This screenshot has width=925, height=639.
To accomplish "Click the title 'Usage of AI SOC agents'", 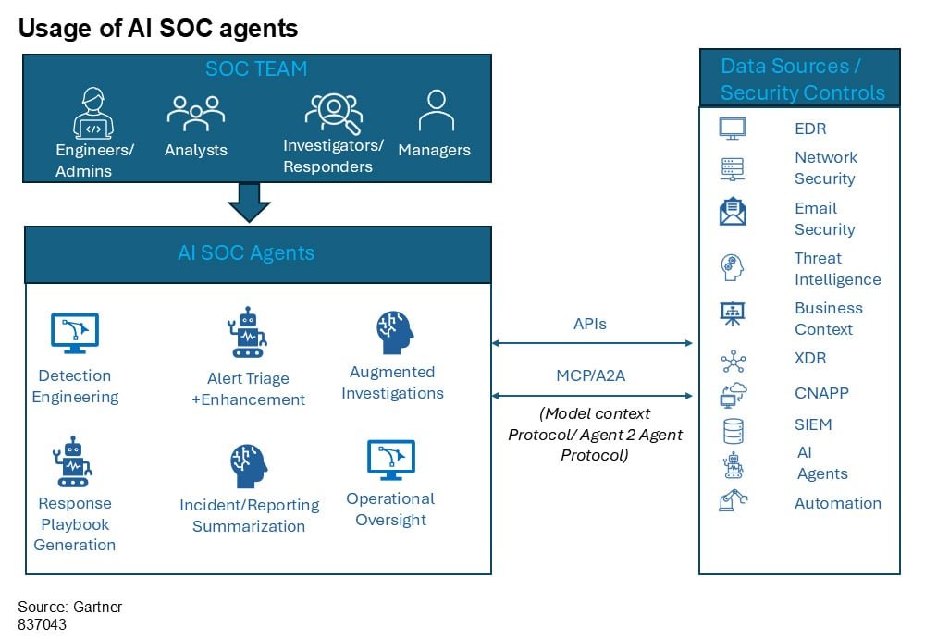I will click(158, 29).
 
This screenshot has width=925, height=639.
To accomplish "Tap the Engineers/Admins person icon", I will click(92, 113).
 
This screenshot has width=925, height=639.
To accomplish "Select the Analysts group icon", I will click(195, 112).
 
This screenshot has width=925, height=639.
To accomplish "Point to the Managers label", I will click(434, 150).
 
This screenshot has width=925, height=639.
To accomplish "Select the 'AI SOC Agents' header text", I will click(246, 252).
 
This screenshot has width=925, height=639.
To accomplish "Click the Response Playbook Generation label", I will click(75, 523).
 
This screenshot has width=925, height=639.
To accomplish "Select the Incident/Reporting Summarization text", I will click(249, 515).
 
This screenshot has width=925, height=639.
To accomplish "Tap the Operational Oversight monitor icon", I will click(391, 460).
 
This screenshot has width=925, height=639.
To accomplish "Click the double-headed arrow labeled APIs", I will click(592, 343).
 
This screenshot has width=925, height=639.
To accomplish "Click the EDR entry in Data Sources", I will click(810, 129).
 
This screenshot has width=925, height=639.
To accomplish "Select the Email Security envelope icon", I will click(733, 213).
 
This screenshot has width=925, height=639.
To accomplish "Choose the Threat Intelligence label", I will click(837, 268).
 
